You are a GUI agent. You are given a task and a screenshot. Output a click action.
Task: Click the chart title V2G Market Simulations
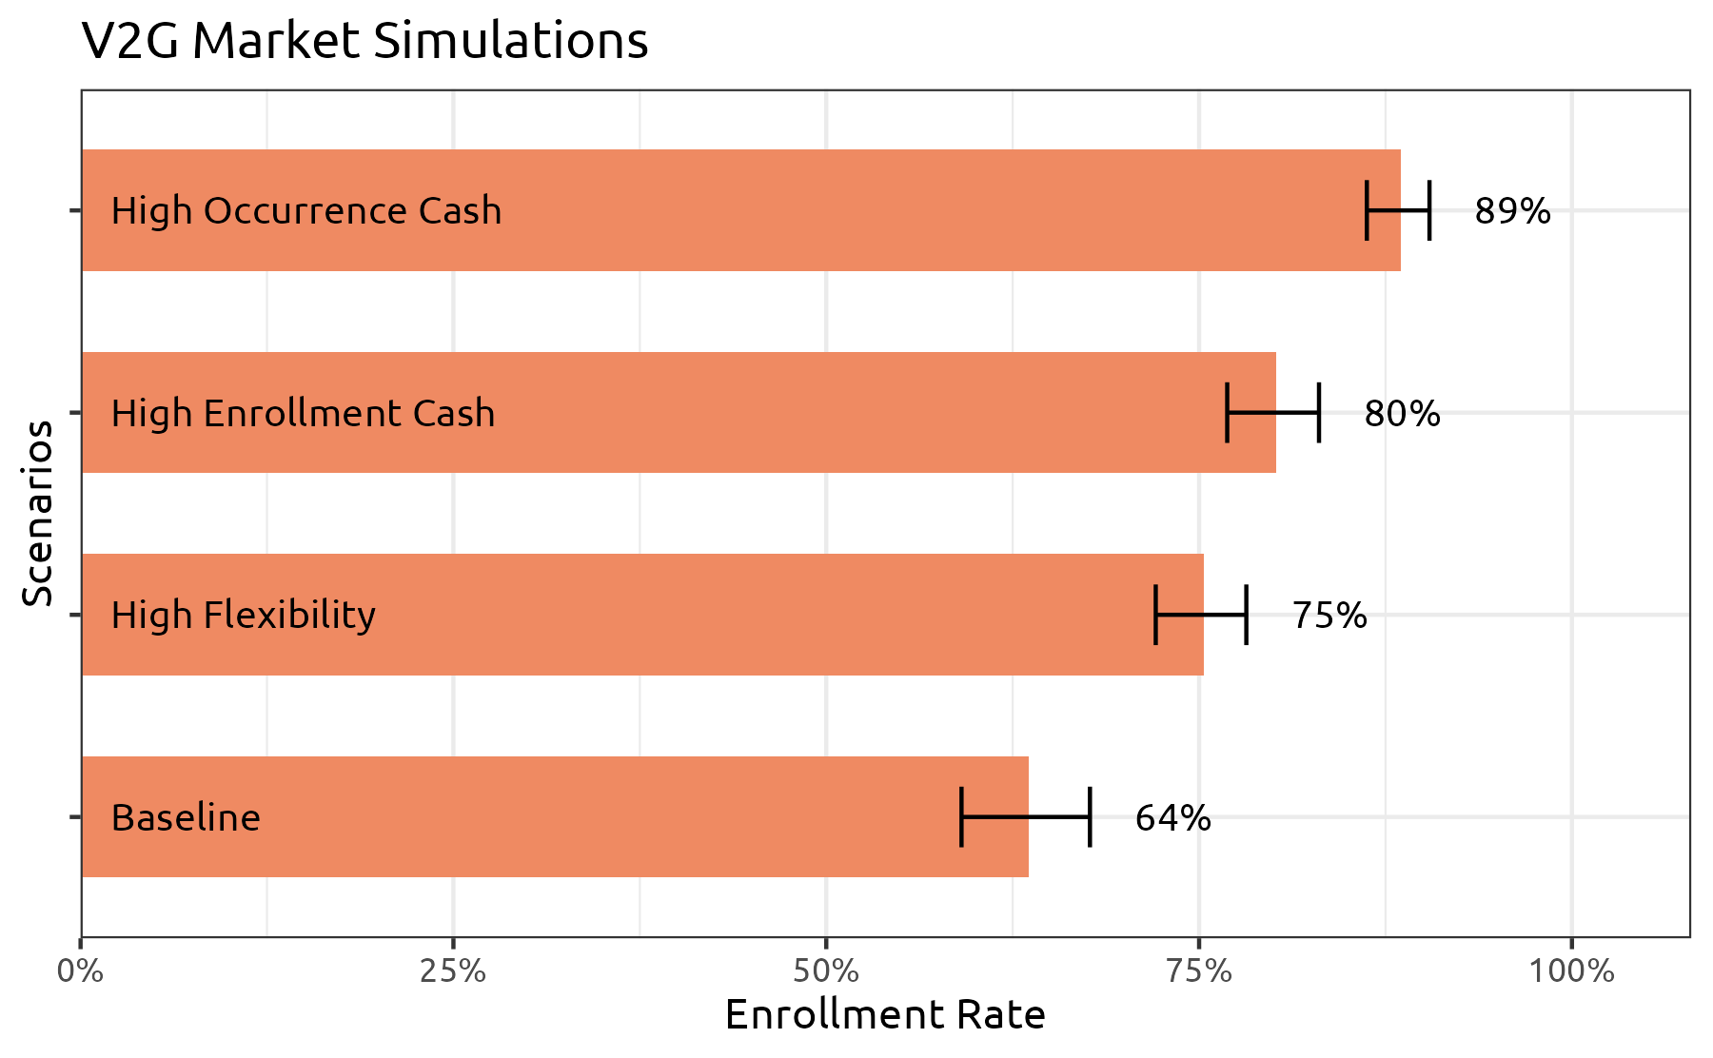pyautogui.click(x=364, y=42)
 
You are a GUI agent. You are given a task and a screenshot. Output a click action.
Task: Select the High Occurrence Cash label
pyautogui.click(x=305, y=211)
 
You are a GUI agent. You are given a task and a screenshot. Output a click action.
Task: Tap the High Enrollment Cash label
pyautogui.click(x=303, y=414)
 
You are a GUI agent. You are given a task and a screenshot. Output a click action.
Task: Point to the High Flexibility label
pyautogui.click(x=243, y=616)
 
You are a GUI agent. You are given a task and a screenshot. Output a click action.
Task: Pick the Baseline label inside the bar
pyautogui.click(x=186, y=818)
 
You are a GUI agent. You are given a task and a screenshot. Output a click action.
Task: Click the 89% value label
pyautogui.click(x=1512, y=211)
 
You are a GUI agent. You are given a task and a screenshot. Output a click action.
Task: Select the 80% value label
pyautogui.click(x=1402, y=414)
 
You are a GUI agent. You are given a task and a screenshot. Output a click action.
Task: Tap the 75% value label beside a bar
pyautogui.click(x=1329, y=616)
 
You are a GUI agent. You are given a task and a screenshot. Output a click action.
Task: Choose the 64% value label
pyautogui.click(x=1172, y=818)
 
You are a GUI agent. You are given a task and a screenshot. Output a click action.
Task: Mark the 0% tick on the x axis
pyautogui.click(x=81, y=971)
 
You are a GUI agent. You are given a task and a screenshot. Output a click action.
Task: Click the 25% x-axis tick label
pyautogui.click(x=454, y=971)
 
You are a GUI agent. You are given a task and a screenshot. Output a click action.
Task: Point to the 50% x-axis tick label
pyautogui.click(x=826, y=971)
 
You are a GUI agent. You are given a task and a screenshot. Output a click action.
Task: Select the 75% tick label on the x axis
pyautogui.click(x=1199, y=971)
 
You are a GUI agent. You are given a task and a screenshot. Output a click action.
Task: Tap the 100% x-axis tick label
pyautogui.click(x=1571, y=971)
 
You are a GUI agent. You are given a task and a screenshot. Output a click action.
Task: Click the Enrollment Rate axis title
pyautogui.click(x=885, y=1015)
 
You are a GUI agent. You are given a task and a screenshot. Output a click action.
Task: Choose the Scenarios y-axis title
pyautogui.click(x=38, y=514)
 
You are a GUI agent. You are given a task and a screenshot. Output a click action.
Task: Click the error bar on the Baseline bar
pyautogui.click(x=1025, y=816)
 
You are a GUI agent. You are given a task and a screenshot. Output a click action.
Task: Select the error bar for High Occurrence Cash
pyautogui.click(x=1398, y=210)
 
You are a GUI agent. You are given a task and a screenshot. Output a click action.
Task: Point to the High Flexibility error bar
pyautogui.click(x=1200, y=615)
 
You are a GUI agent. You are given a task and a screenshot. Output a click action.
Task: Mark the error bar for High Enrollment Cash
pyautogui.click(x=1272, y=413)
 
